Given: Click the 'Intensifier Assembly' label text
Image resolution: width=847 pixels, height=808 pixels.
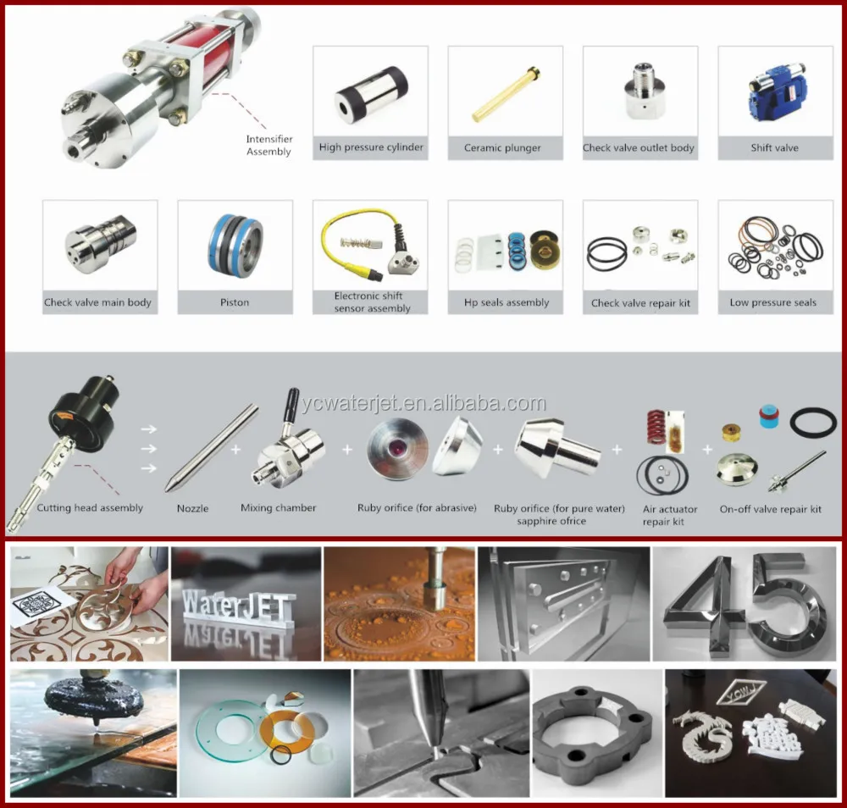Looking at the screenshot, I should click(269, 146).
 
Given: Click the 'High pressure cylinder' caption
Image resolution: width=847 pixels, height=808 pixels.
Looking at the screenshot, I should click(371, 147).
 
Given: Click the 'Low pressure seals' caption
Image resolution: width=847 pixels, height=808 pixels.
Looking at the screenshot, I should click(772, 302).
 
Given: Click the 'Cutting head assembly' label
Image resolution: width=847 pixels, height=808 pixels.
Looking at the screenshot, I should click(90, 508).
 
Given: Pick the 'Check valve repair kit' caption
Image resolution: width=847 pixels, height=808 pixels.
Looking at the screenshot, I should click(640, 302).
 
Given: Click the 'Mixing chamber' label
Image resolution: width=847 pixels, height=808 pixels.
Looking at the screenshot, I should click(279, 508).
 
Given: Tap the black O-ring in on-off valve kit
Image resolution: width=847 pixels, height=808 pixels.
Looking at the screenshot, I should click(813, 422).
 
